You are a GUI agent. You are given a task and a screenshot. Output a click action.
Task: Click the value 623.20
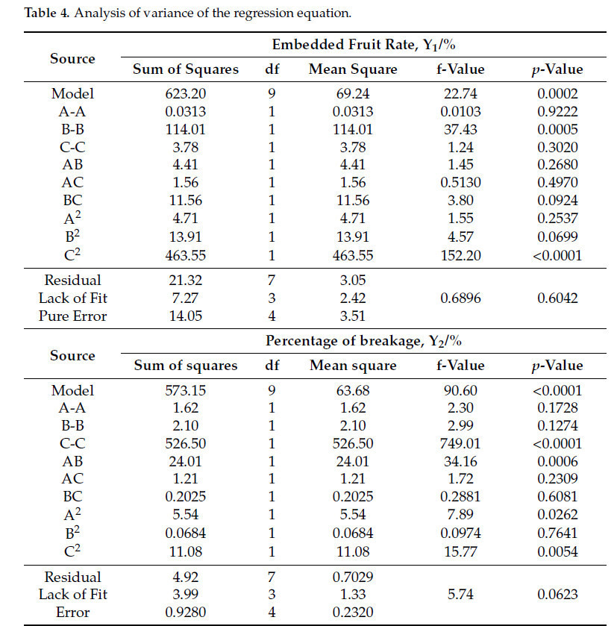(x=185, y=93)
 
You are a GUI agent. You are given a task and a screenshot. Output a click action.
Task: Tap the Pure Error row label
(x=73, y=316)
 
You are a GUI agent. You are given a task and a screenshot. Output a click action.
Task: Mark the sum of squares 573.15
(x=185, y=390)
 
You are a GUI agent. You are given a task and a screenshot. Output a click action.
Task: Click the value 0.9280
(x=185, y=612)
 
